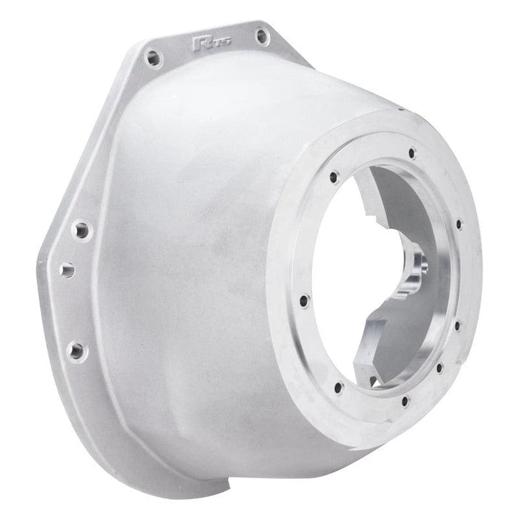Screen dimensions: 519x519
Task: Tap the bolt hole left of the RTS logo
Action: click(x=153, y=56)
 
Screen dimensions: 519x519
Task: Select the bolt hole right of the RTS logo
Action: click(x=259, y=35)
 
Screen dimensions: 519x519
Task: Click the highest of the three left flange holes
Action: click(x=80, y=229)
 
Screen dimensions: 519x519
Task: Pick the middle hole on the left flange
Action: click(x=67, y=270)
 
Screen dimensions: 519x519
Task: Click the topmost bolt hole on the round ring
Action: click(x=412, y=154)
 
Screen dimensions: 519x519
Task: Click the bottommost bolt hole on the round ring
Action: click(x=405, y=403)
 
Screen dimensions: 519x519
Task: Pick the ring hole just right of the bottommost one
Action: click(x=440, y=368)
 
